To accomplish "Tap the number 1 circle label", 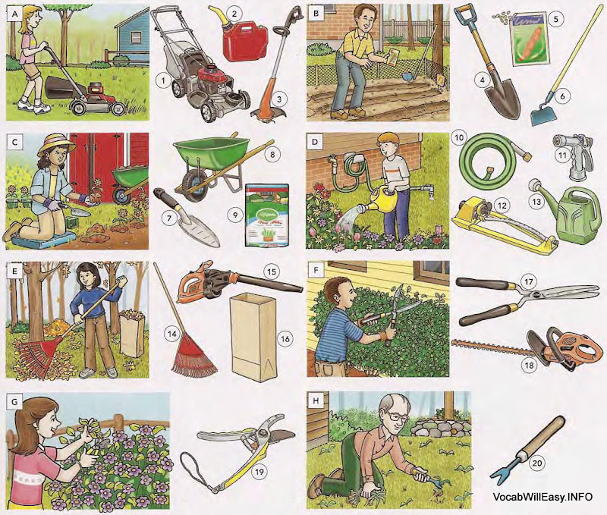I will click(160, 78).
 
